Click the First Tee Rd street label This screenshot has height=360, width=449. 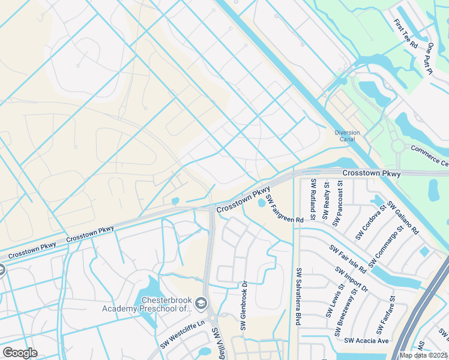pyautogui.click(x=406, y=34)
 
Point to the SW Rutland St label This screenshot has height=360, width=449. pyautogui.click(x=313, y=199)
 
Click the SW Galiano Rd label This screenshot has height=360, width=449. pyautogui.click(x=403, y=217)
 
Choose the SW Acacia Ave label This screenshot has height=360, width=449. pyautogui.click(x=367, y=341)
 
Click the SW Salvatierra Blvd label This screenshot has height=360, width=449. pyautogui.click(x=297, y=296)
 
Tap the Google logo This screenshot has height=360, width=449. pyautogui.click(x=20, y=353)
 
